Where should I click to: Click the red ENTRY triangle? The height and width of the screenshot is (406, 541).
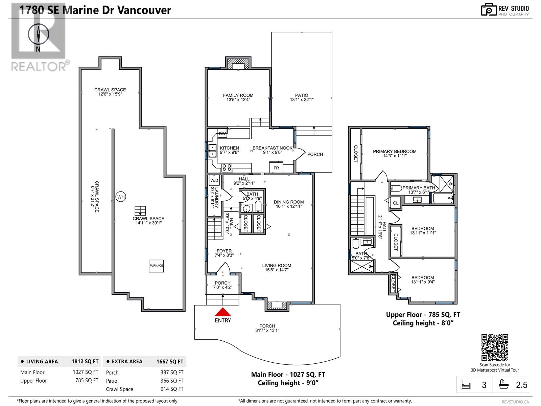coord(223,312)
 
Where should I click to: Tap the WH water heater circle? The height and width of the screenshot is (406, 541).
coord(121,197)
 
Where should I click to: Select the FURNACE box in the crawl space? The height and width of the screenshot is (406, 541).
coord(156,266)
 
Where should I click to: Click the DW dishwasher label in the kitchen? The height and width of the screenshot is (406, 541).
coord(222,134)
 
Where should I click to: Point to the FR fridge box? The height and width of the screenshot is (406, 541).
coord(276,167)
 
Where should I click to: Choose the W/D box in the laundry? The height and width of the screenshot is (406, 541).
coord(214,180)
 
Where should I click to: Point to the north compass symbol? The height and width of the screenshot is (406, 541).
coord(38,35)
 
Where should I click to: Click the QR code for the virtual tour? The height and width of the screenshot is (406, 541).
coord(495,347)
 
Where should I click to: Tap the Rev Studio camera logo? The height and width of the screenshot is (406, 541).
coord(489,9)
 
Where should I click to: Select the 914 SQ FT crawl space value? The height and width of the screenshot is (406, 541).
coord(172,389)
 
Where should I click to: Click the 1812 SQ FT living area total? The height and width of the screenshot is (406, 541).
coord(85,361)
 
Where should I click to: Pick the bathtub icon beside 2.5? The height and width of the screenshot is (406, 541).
coord(503,385)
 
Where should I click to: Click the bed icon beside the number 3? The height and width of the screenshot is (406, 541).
coord(466,385)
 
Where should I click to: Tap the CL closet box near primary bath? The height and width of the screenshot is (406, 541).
coord(396,203)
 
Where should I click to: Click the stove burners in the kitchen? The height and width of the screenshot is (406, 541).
coord(227,167)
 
